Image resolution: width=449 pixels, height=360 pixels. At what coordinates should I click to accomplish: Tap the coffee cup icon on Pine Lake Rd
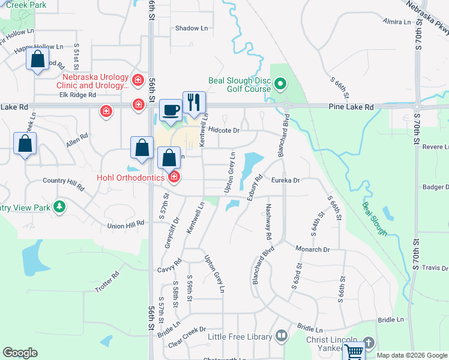171,109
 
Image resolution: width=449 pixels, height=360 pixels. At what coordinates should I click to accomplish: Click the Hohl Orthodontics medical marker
174,176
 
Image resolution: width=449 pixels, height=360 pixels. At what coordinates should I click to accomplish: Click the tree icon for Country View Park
59,207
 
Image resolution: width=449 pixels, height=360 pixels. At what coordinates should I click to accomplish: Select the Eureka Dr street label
285,180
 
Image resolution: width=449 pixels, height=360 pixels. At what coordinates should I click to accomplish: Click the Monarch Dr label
312,248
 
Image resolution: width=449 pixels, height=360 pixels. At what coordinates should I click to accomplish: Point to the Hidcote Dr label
224,130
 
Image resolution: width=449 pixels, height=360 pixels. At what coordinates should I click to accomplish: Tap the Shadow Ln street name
191,28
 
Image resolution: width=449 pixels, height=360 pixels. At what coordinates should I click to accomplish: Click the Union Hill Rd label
126,226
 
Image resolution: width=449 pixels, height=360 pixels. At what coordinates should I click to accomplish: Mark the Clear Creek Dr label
187,329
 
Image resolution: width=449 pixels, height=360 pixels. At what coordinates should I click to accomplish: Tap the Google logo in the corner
20,353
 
